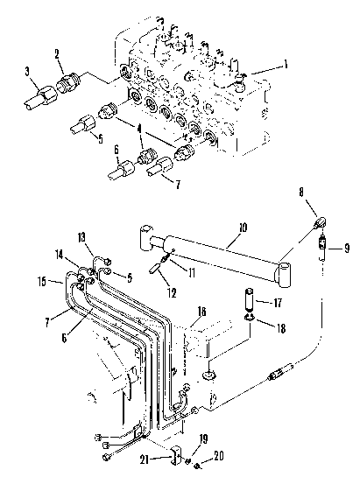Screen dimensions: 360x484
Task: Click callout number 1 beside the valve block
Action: (x=286, y=65)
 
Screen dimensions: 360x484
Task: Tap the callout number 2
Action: (x=57, y=54)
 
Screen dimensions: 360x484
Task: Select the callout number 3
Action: (x=27, y=72)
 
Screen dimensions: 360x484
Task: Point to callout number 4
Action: (x=139, y=129)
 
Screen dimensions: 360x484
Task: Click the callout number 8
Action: (x=301, y=192)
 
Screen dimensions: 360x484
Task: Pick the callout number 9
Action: (x=347, y=248)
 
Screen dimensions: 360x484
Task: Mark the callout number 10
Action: (x=244, y=228)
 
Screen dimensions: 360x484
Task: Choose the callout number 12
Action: (x=173, y=293)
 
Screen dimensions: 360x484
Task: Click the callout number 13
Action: (x=81, y=238)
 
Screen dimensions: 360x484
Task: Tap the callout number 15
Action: (x=42, y=282)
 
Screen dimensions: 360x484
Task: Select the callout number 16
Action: (x=201, y=312)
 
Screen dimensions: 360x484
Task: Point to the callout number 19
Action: (x=203, y=439)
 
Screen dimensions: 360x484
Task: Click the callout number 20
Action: (x=219, y=456)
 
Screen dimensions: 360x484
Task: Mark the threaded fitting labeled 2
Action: (x=68, y=84)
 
